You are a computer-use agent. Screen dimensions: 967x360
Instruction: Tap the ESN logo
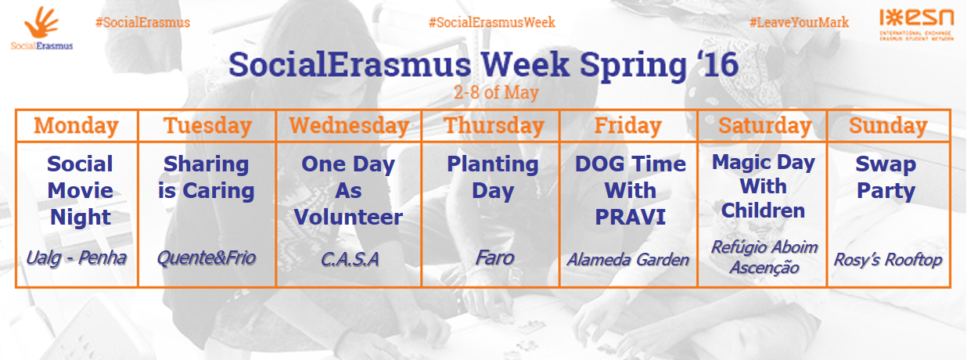tap(916, 24)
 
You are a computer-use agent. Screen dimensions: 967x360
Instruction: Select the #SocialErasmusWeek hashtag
tap(491, 22)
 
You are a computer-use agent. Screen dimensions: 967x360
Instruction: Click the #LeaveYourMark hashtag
tap(799, 22)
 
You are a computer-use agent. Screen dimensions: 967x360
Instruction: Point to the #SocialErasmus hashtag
tap(142, 22)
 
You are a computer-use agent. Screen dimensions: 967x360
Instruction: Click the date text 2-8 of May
tap(496, 92)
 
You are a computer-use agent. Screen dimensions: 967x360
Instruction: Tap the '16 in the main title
tap(717, 65)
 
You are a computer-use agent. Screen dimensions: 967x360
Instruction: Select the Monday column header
tap(77, 126)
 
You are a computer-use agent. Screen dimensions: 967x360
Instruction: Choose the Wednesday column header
tap(349, 126)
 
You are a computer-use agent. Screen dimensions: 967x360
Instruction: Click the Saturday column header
tap(764, 126)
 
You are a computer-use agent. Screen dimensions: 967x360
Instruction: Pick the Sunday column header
tap(888, 126)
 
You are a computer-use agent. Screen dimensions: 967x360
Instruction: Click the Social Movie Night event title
tap(81, 190)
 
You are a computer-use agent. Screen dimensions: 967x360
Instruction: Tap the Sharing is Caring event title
tap(207, 177)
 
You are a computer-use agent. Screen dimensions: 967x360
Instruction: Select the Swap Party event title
tap(886, 177)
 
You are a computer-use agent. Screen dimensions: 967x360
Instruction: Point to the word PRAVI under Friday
tap(631, 217)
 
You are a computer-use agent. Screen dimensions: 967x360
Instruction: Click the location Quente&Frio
tap(207, 258)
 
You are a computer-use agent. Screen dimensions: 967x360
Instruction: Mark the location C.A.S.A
tap(350, 259)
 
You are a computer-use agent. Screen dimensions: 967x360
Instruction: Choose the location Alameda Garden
tap(628, 259)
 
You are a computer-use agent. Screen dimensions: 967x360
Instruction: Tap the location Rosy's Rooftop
tap(887, 259)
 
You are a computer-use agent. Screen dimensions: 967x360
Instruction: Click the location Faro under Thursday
tap(494, 258)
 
